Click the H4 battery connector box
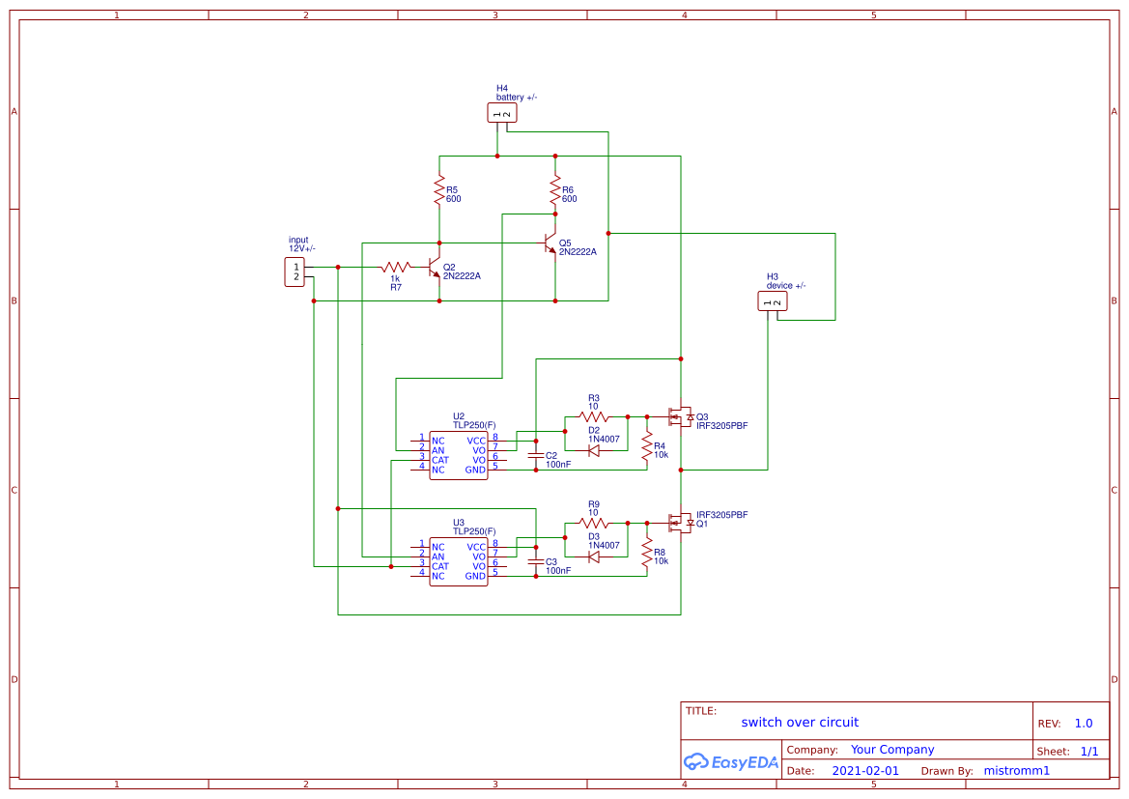point(502,113)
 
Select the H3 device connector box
point(773,301)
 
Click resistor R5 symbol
point(439,190)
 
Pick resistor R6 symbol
point(555,190)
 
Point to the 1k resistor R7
point(396,267)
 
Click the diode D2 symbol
point(594,450)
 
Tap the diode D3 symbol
point(594,556)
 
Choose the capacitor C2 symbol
point(536,454)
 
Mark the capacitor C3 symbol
point(536,560)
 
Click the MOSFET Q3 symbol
point(682,416)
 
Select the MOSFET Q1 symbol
point(682,523)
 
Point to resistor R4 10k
point(647,446)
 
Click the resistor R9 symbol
point(594,523)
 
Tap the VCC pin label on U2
point(476,440)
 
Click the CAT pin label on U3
point(439,566)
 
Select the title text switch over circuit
point(799,723)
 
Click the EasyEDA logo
point(730,761)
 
